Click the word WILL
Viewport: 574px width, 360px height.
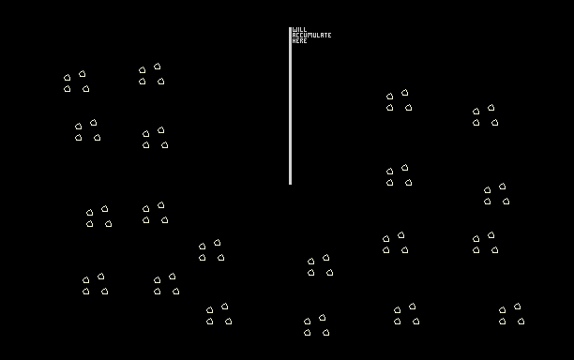pos(299,30)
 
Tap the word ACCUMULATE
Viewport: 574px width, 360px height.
pos(312,35)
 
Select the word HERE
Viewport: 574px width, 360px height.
pos(299,41)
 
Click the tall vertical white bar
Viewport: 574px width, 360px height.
pos(291,106)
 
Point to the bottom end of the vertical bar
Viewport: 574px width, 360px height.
pos(291,185)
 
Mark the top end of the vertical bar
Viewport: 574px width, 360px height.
pos(291,27)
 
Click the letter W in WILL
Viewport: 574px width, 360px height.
pos(295,30)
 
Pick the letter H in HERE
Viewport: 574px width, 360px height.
pos(294,41)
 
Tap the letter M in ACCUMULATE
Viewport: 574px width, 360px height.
pos(310,35)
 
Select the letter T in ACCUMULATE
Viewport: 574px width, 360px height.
pos(325,35)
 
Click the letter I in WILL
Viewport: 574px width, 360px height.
pos(298,30)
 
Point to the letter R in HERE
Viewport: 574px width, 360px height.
pos(301,41)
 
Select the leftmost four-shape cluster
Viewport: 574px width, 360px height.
pos(77,82)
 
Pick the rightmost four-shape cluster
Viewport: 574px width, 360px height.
pos(511,314)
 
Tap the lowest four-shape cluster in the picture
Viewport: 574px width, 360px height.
pos(317,325)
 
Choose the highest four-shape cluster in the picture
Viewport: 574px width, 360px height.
pos(152,74)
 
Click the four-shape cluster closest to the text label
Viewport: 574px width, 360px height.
pos(399,100)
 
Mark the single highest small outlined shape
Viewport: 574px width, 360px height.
pos(157,67)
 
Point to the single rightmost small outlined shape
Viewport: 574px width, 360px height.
pos(521,322)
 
